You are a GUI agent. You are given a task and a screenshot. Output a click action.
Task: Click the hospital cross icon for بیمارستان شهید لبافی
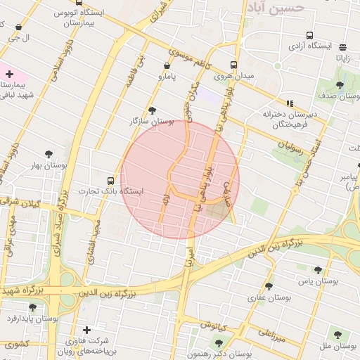[x=8, y=74]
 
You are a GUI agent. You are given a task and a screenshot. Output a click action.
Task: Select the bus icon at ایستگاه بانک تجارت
[x=110, y=180]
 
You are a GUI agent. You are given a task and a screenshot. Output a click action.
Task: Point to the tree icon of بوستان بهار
[x=49, y=154]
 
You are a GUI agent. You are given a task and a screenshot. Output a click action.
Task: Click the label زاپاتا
[x=342, y=58]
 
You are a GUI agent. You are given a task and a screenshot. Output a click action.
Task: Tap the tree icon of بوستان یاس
[x=318, y=270]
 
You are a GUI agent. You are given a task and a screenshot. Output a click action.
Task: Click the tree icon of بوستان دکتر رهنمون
[x=219, y=343]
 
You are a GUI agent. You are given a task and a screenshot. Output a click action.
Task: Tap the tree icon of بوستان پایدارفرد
[x=32, y=307]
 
